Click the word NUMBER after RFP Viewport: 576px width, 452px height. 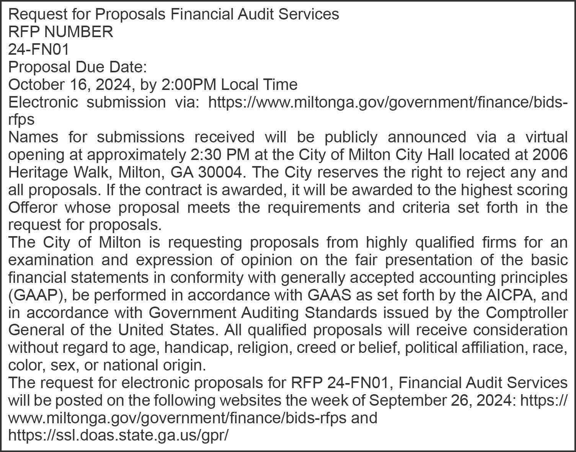[x=79, y=32]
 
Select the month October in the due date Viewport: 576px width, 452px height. [x=34, y=85]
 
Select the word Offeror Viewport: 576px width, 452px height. [x=33, y=207]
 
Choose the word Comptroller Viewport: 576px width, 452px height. [x=527, y=313]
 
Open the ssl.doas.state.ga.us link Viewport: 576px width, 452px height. [x=118, y=435]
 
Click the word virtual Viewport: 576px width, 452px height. [x=545, y=137]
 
